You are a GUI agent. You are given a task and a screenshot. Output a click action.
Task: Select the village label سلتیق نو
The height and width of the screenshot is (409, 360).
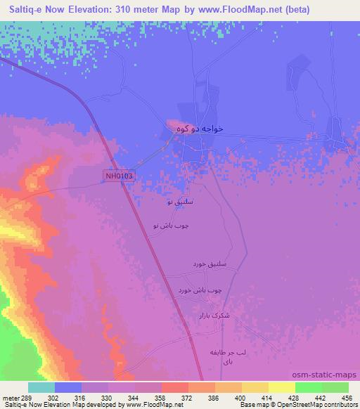(x=179, y=202)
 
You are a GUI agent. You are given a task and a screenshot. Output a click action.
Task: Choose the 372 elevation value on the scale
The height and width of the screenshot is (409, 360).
(x=186, y=397)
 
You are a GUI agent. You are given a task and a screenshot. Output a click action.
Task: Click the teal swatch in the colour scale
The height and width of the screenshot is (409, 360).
(x=41, y=387)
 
